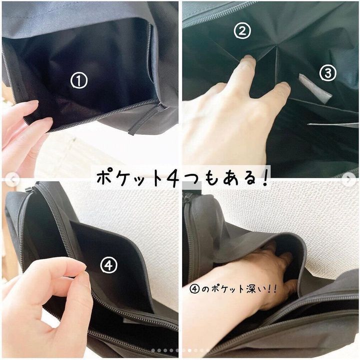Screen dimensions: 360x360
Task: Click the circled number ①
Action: click(79, 80)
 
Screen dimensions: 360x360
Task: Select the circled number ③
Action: click(328, 72)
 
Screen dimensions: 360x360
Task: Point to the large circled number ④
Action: click(108, 265)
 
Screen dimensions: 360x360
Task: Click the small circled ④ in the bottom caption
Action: click(194, 289)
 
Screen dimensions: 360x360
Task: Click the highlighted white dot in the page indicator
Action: click(189, 351)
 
